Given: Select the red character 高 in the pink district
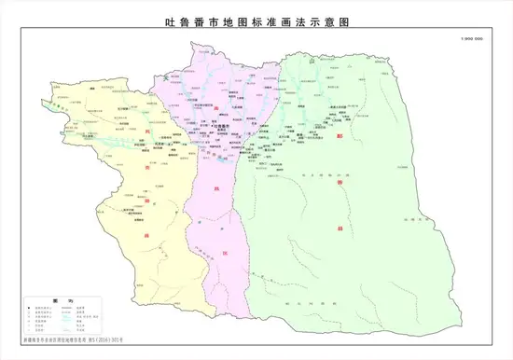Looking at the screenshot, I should click(x=216, y=109).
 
